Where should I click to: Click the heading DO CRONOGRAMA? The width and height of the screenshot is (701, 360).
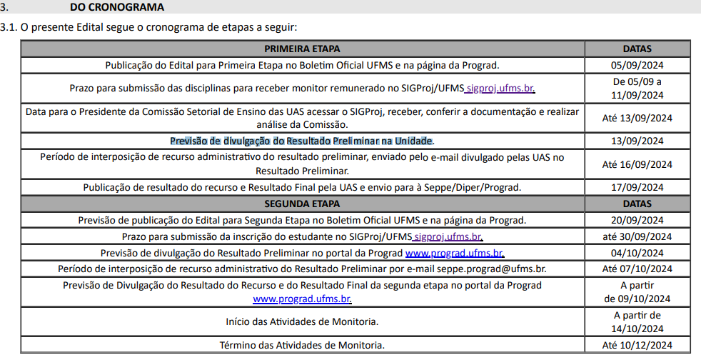tap(117, 7)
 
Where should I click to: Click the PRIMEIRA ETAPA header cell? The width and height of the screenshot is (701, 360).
tap(302, 49)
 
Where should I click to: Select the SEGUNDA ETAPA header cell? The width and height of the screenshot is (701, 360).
tap(302, 204)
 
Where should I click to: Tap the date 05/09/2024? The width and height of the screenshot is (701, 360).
tap(637, 65)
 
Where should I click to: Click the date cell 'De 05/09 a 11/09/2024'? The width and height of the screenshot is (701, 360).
tap(637, 89)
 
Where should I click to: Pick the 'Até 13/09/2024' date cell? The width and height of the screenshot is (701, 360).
tap(637, 118)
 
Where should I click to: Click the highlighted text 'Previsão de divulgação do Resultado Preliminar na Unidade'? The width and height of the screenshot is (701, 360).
tap(301, 141)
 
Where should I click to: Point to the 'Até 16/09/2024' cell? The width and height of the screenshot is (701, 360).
tap(637, 164)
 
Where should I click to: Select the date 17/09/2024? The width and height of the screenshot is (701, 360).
tap(637, 188)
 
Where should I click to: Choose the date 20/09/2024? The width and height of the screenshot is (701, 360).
tap(637, 220)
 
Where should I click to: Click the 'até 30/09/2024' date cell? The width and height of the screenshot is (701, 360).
tap(637, 236)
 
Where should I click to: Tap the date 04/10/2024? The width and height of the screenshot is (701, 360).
tap(637, 253)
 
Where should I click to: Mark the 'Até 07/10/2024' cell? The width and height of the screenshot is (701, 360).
tap(637, 269)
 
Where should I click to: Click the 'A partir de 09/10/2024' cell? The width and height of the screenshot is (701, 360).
tap(637, 292)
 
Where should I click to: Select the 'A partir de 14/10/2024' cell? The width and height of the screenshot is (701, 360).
tap(637, 321)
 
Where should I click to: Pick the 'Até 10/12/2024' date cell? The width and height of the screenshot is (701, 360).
tap(637, 345)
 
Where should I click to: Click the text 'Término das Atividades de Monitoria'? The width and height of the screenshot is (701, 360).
tap(301, 345)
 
